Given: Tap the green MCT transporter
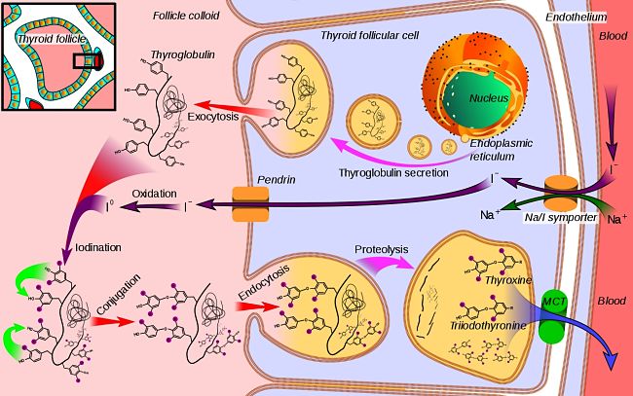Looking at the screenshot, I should click(x=553, y=315).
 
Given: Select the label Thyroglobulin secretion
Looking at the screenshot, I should click(x=392, y=172).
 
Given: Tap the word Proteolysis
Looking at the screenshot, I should click(x=381, y=249).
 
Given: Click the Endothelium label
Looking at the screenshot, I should click(x=577, y=17).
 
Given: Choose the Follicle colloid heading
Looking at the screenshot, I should click(x=186, y=17).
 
